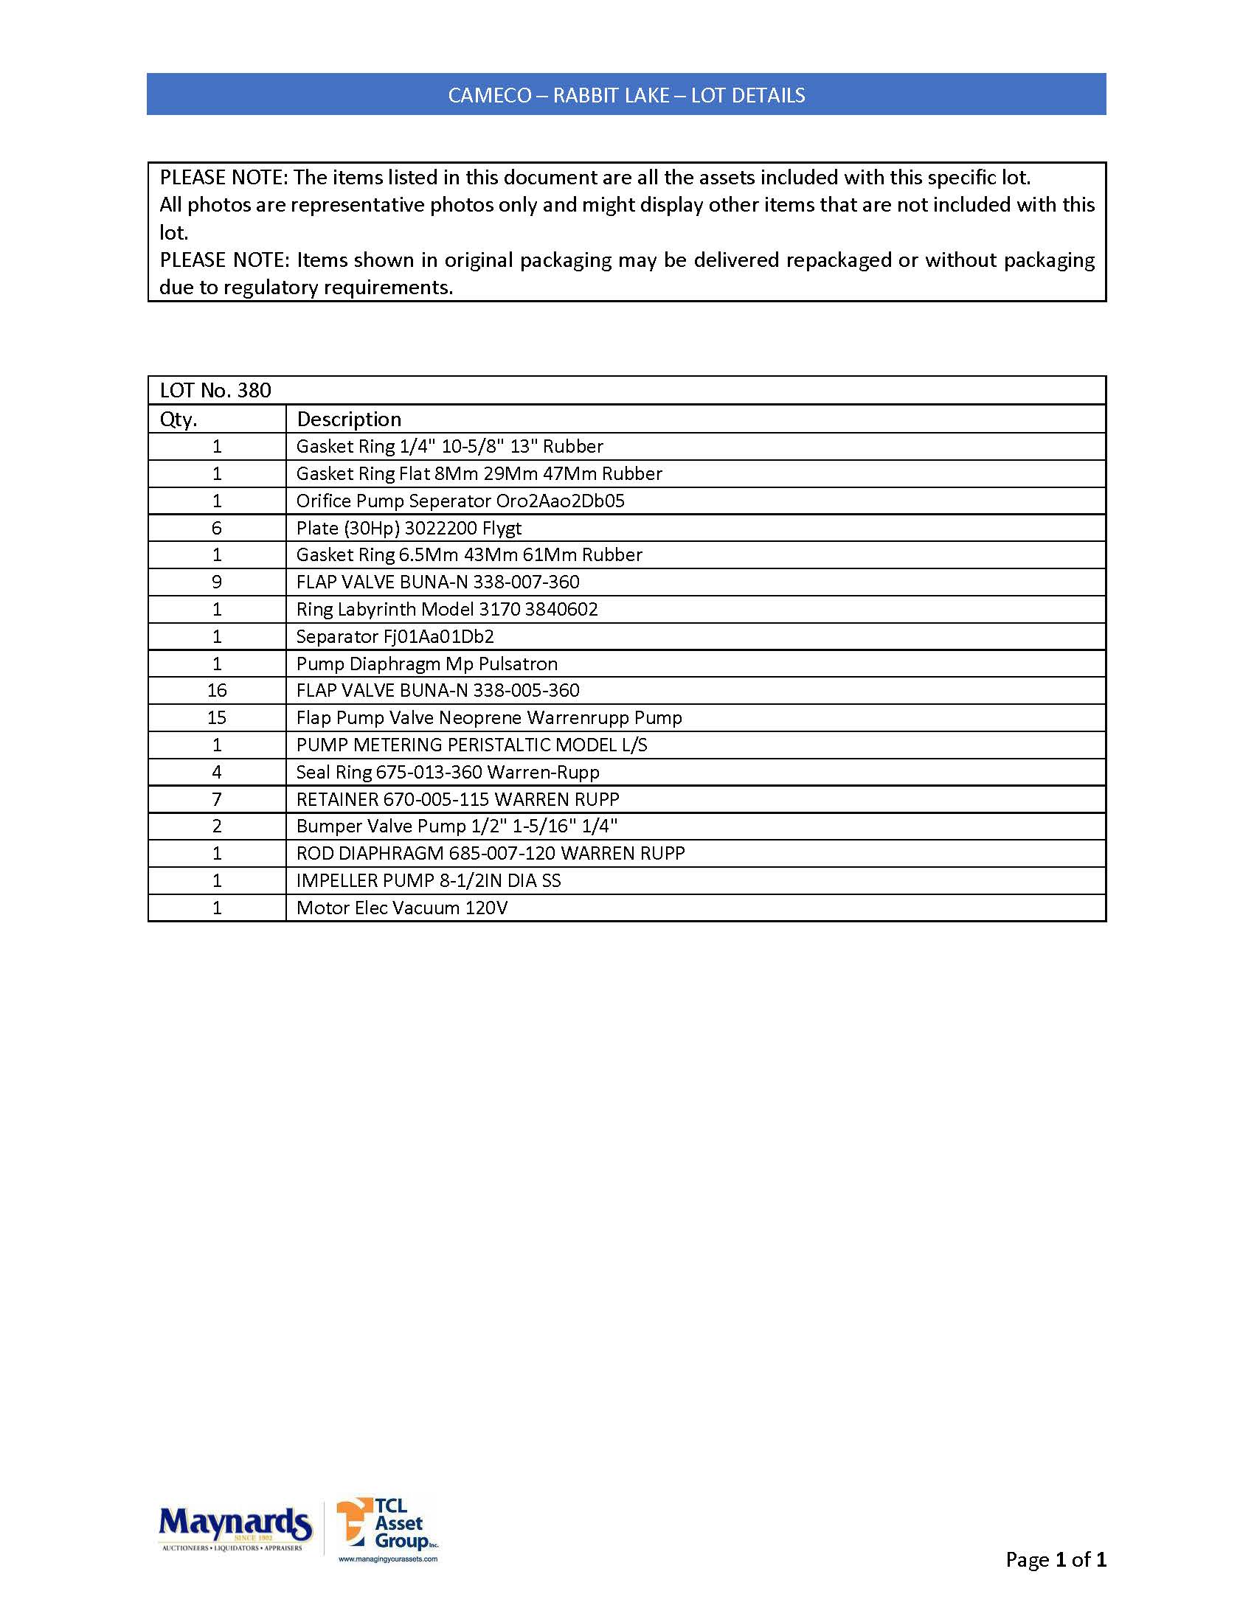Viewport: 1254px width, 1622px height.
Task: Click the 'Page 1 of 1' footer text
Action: point(1055,1559)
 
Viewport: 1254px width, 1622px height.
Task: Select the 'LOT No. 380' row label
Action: point(215,391)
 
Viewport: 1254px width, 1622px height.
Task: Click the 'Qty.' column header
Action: point(179,420)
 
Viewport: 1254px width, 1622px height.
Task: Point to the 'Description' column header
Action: point(348,420)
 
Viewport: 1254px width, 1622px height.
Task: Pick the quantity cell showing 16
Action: point(217,691)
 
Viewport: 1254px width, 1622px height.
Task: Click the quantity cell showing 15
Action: point(217,718)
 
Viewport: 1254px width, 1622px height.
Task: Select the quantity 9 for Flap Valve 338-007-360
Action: point(217,582)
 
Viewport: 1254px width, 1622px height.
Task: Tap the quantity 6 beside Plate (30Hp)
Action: point(217,528)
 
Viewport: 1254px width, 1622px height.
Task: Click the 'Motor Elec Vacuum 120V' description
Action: point(402,908)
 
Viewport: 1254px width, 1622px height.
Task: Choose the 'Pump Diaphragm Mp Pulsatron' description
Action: point(426,664)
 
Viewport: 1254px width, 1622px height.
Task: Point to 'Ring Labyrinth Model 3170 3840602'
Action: point(446,610)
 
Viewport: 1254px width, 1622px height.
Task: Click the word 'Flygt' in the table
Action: point(502,528)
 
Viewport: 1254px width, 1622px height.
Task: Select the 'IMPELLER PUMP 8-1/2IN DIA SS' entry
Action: point(429,881)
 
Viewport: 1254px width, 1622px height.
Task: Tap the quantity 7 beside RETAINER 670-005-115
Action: point(217,799)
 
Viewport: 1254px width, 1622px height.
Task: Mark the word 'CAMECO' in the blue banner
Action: point(490,95)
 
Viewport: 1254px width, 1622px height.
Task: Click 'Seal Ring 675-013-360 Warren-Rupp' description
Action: point(447,773)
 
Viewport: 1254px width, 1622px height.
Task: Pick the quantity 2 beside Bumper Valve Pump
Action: point(217,826)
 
